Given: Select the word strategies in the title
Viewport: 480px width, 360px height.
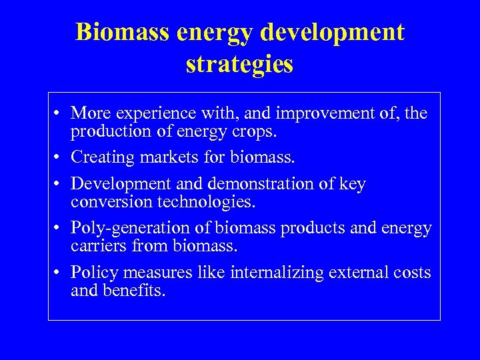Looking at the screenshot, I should point(239,64).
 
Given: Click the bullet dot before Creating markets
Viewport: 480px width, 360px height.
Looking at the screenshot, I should point(59,158).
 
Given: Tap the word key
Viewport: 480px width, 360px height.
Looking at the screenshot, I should point(352,185).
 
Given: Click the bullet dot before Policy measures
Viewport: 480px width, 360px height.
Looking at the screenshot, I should point(59,273).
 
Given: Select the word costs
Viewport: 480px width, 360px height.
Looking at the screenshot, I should point(412,273).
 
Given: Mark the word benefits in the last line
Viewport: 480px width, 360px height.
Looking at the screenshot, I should point(136,291).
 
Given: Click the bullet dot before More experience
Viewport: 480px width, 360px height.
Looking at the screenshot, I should point(59,113).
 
